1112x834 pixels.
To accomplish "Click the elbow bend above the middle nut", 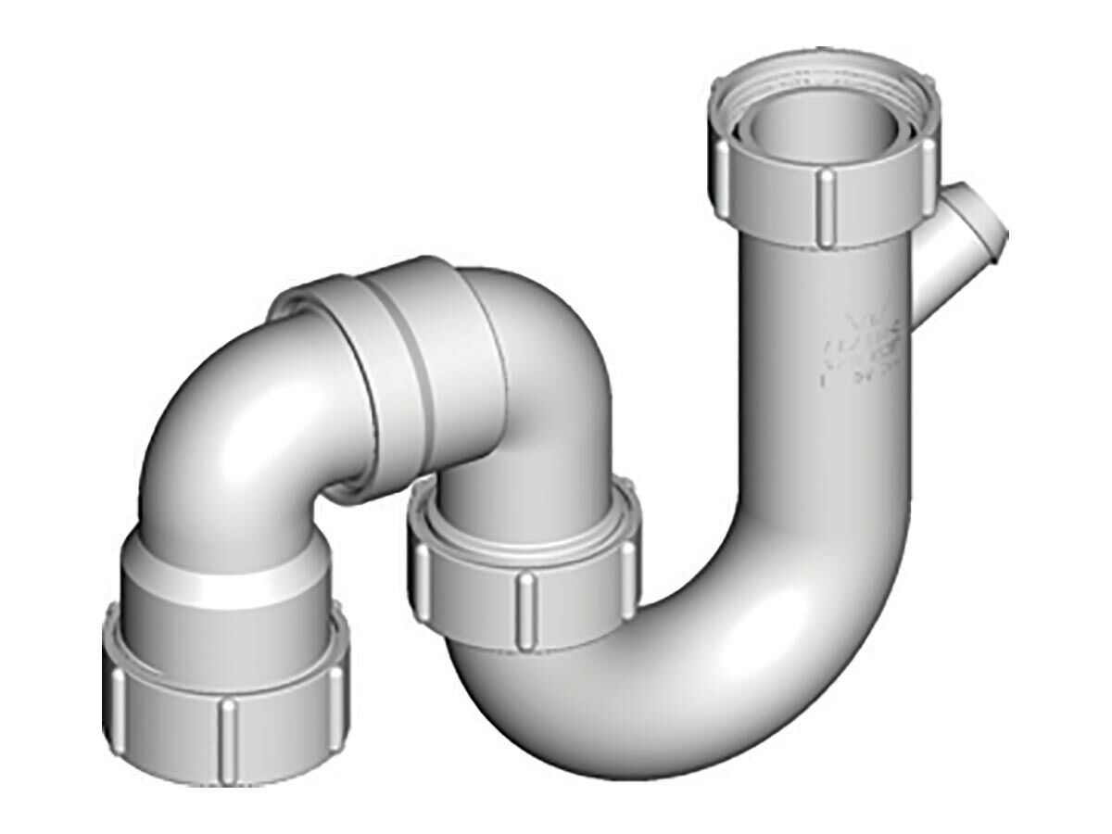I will (x=528, y=389).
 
